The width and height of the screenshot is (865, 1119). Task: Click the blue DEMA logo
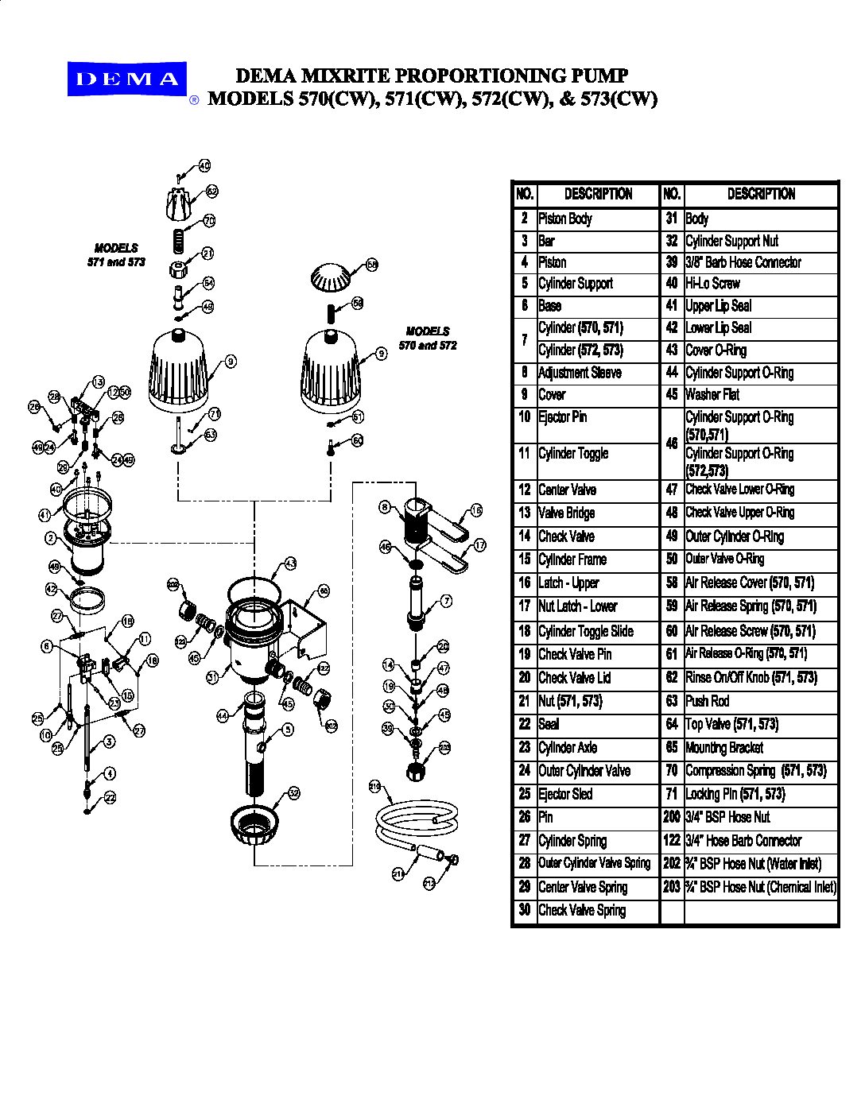127,79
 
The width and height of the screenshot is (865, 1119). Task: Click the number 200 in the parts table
672,817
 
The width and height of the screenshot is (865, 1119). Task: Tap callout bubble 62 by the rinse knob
212,192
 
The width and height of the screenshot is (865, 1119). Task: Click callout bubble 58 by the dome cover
372,265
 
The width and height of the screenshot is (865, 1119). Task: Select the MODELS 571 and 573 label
116,255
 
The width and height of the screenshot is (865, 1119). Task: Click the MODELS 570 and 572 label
428,339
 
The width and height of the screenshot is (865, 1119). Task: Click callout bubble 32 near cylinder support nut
293,792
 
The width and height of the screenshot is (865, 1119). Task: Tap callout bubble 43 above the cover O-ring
290,563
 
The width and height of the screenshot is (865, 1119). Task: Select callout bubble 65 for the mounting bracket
324,591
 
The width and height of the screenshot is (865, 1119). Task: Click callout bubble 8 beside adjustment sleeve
385,507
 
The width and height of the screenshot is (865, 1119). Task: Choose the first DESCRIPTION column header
598,194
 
